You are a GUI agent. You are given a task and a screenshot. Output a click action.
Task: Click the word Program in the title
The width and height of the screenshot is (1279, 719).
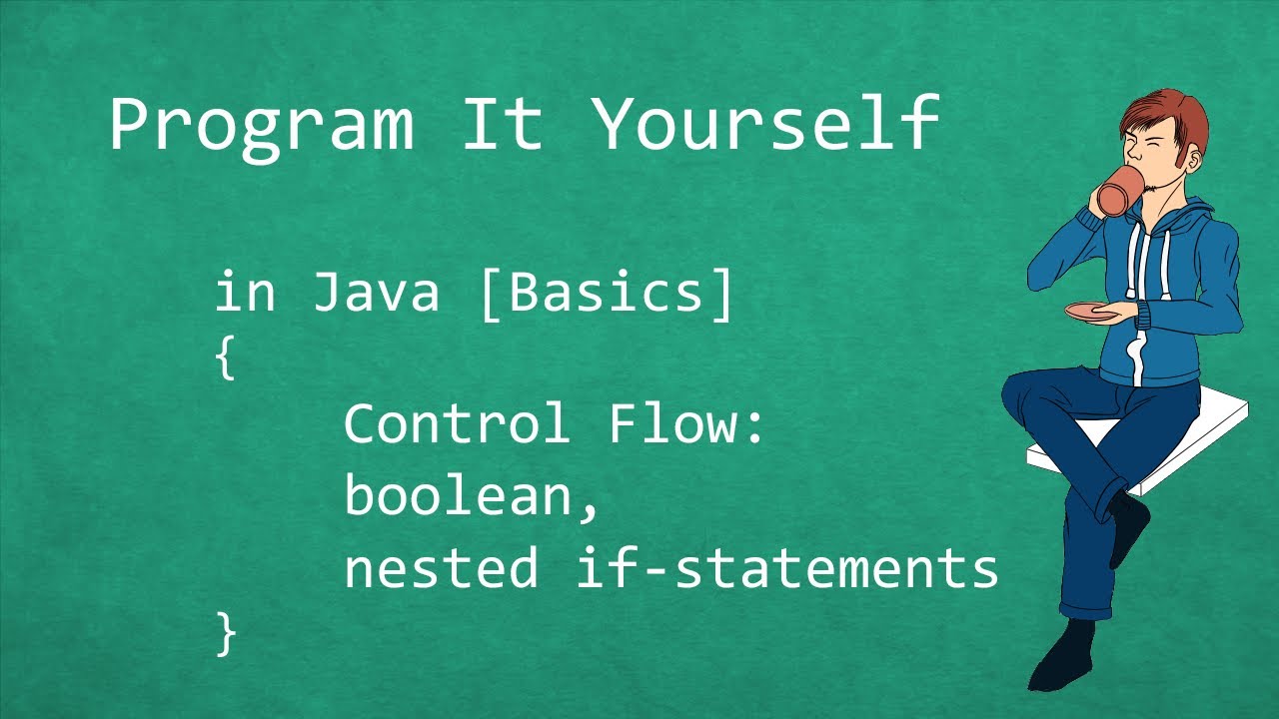pyautogui.click(x=261, y=126)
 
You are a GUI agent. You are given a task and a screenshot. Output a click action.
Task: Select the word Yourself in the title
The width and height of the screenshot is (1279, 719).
pyautogui.click(x=764, y=124)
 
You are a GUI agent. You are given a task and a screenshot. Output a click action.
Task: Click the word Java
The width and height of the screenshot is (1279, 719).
pyautogui.click(x=376, y=294)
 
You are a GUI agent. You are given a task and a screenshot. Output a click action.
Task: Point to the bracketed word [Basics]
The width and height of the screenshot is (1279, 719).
pyautogui.click(x=607, y=294)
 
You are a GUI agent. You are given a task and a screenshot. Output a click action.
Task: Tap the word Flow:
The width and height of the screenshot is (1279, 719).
pyautogui.click(x=686, y=424)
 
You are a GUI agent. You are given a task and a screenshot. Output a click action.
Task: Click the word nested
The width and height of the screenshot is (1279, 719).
pyautogui.click(x=441, y=568)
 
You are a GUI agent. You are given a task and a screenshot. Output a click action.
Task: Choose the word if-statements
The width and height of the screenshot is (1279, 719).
pyautogui.click(x=787, y=568)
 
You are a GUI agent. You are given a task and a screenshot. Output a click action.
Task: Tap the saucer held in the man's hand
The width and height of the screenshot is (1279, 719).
pyautogui.click(x=1093, y=313)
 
